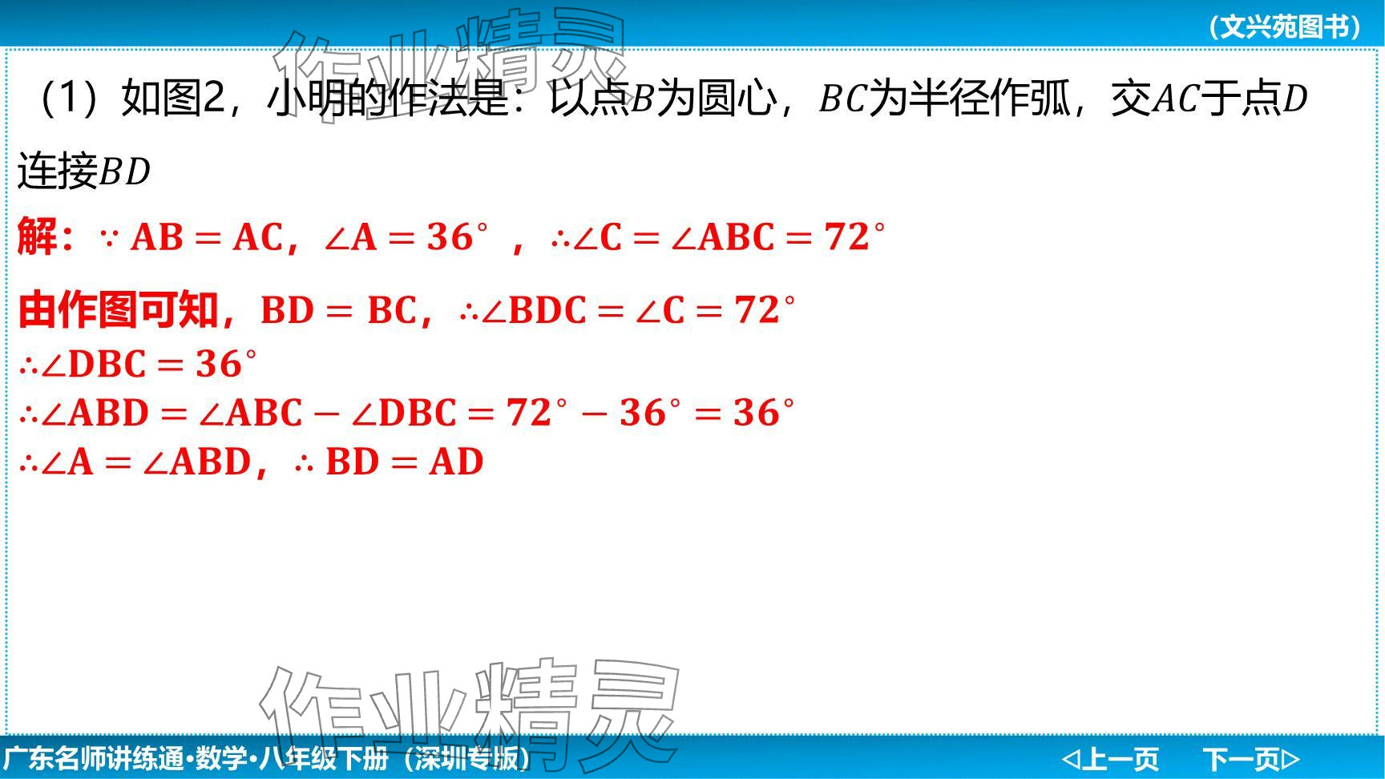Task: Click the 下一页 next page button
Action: point(1250,758)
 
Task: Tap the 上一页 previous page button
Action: point(1111,758)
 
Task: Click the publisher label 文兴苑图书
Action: point(1286,27)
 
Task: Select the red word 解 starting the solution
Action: point(37,237)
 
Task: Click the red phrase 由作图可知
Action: point(118,310)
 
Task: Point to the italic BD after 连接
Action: point(125,172)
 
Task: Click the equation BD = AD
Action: point(404,462)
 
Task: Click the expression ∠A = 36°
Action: point(406,238)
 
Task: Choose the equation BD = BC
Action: point(339,311)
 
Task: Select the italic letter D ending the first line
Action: point(1295,99)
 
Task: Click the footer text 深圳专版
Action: point(466,758)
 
